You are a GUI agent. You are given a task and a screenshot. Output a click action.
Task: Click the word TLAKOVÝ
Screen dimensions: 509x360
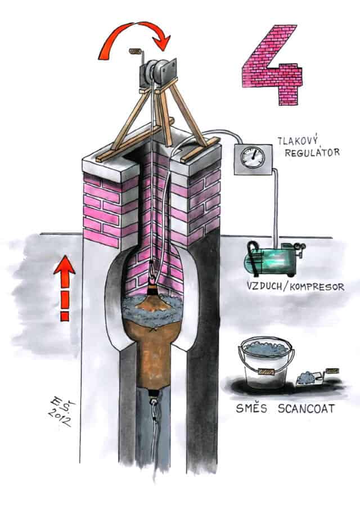click(x=301, y=140)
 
